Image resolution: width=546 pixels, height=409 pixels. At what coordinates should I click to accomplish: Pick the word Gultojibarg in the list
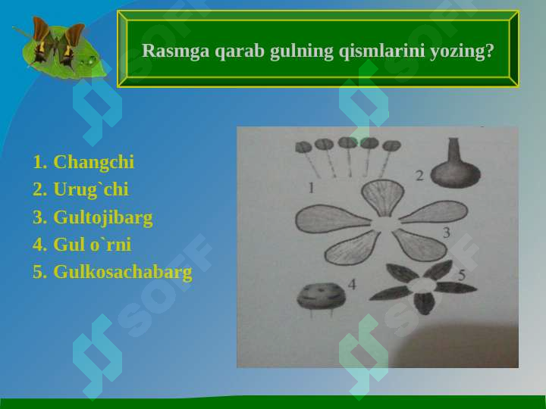(102, 217)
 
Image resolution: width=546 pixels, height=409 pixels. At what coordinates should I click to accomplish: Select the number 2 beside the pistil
(419, 175)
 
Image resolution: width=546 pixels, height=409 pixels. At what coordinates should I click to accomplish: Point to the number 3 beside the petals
(447, 233)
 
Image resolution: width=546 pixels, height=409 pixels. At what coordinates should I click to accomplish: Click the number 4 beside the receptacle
(351, 284)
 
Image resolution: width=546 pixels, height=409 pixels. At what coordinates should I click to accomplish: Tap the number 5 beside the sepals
(462, 275)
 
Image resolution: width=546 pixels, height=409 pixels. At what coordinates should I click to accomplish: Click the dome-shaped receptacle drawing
(317, 295)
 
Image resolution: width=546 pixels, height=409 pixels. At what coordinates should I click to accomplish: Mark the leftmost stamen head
(303, 146)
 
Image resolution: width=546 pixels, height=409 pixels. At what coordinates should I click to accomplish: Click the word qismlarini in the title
(374, 51)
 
